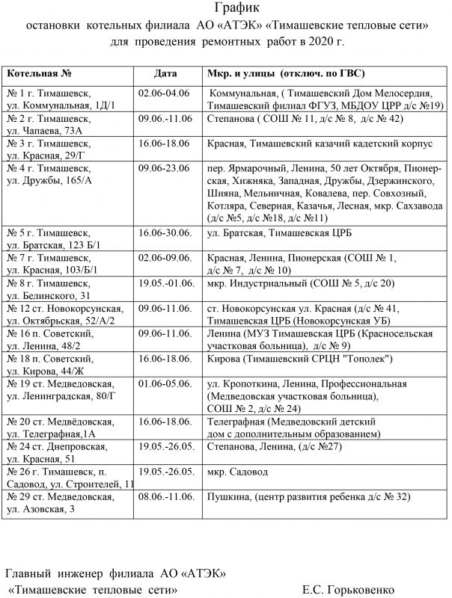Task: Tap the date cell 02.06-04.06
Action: click(164, 93)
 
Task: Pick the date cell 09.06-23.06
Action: click(164, 167)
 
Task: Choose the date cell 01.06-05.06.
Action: click(164, 383)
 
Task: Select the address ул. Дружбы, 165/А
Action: click(49, 180)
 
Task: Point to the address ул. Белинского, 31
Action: click(49, 296)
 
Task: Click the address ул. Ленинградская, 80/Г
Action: click(61, 395)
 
